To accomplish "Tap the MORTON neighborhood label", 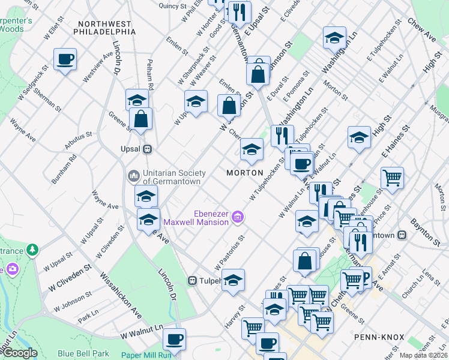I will tap(245, 173).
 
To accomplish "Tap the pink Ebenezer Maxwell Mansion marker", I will tap(238, 216).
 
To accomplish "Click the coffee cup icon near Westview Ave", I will tap(65, 60).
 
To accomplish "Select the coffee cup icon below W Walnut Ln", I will tap(174, 340).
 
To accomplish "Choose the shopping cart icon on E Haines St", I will tap(392, 178).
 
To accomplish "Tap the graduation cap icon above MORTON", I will tap(252, 150).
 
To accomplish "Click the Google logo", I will tap(20, 353).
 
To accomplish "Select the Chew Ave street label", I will tap(421, 31).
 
